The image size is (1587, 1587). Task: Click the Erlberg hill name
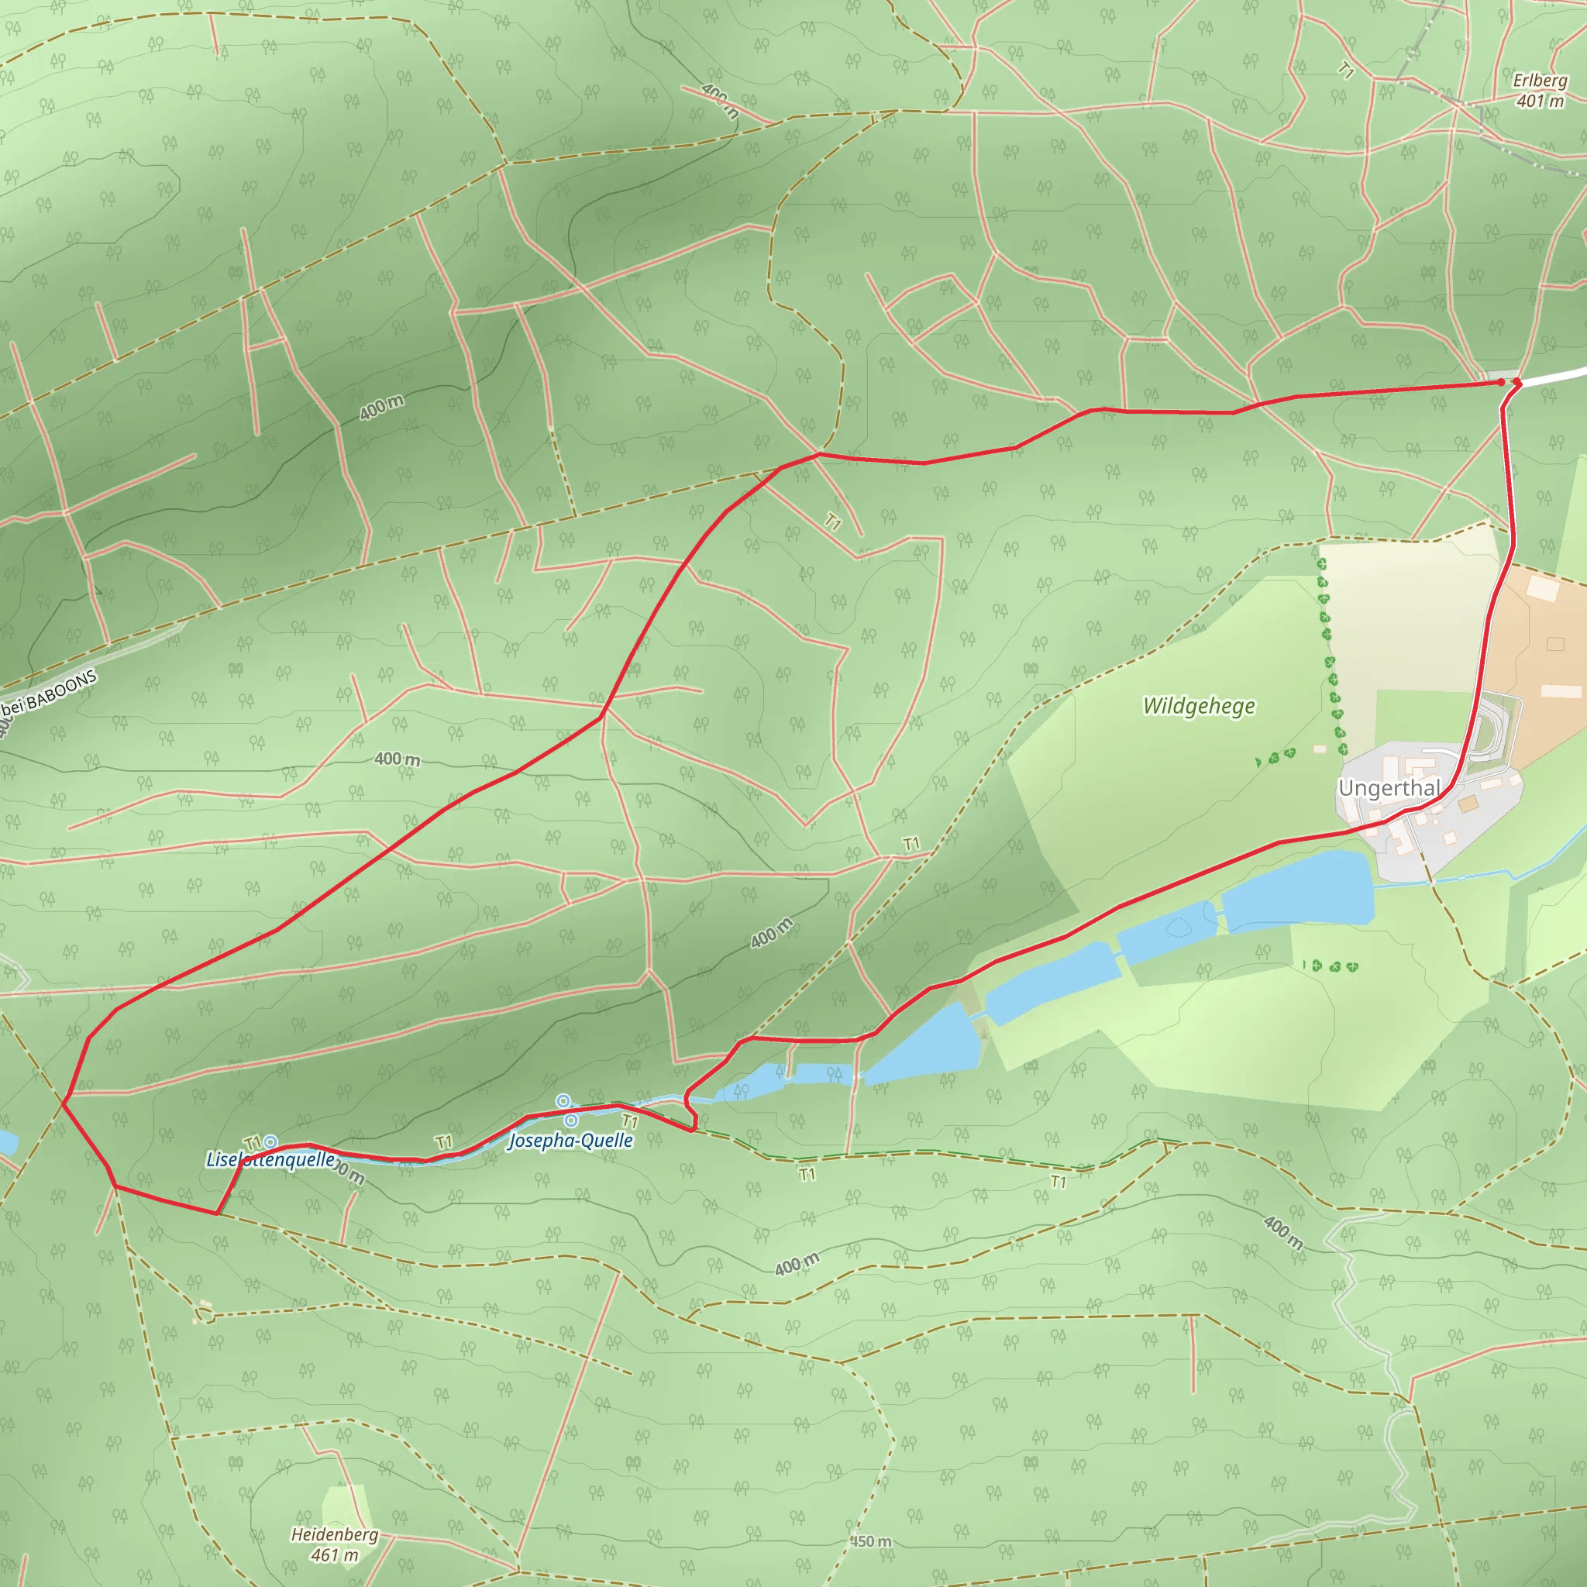pos(1541,81)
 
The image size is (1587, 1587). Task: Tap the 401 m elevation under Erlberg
pos(1541,101)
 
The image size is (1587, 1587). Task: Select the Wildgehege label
pos(1199,707)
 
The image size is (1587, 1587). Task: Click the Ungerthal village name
pos(1389,789)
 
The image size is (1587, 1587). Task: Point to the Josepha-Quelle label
pos(571,1140)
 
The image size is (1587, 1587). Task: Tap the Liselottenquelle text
pos(270,1160)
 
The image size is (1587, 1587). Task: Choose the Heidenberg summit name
pos(334,1534)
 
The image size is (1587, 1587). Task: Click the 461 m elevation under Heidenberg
pos(334,1555)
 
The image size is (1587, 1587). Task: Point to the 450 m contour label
pos(871,1542)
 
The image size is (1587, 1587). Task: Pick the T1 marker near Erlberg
pos(1345,71)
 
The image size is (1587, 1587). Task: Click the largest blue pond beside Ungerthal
pos(1298,891)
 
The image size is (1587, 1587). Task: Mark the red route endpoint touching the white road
pos(1516,382)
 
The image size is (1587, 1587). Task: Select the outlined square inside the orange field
pos(1555,644)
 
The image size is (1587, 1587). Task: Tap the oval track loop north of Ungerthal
pos(1490,727)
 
